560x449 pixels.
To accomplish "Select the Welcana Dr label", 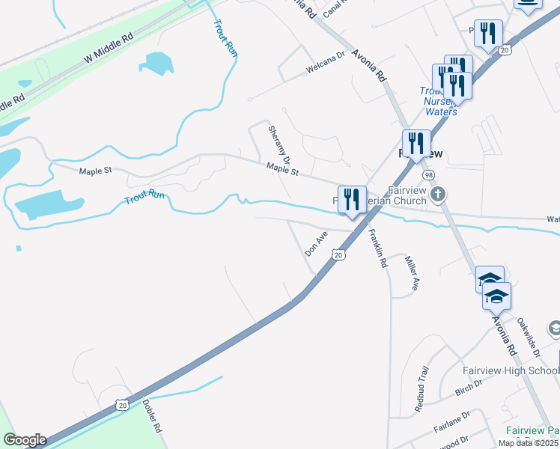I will point(324,70).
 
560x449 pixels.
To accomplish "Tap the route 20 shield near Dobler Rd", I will point(122,404).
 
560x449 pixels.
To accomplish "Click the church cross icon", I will point(438,195).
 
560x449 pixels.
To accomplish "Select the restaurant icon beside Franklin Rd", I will point(352,200).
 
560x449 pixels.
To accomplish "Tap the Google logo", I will point(25,440).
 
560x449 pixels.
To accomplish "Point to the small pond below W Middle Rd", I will point(156,64).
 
